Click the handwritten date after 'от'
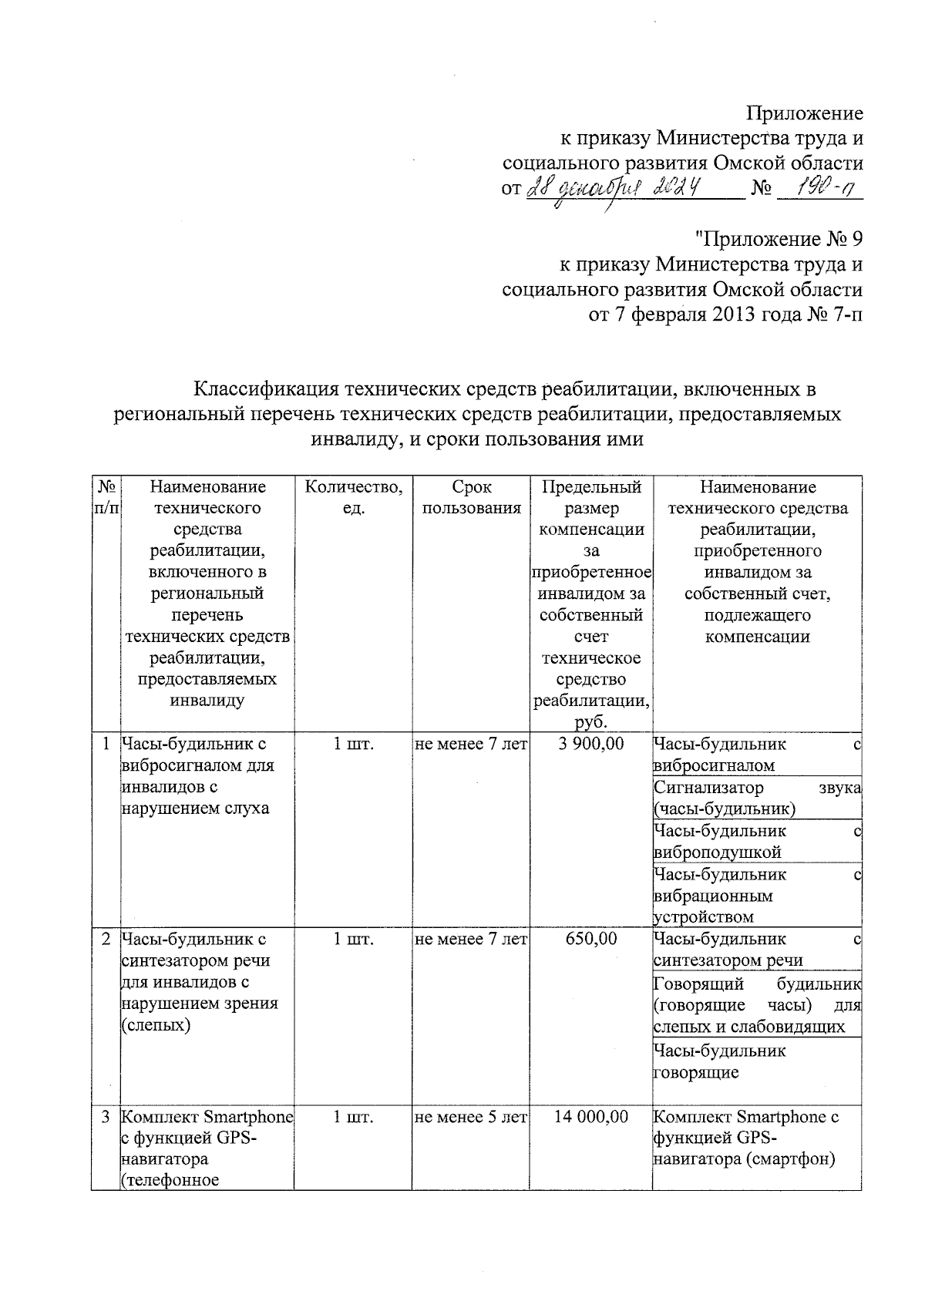click(614, 187)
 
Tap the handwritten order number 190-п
click(819, 187)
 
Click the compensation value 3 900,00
click(591, 744)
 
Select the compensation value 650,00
click(591, 939)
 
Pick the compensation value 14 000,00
click(591, 1117)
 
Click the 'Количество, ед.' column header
click(353, 498)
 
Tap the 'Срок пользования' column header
click(472, 498)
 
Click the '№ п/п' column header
click(106, 498)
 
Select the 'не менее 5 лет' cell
click(471, 1117)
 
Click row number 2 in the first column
click(106, 939)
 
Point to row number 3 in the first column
click(106, 1117)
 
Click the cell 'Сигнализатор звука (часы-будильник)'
click(756, 798)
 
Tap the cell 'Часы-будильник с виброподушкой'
click(756, 842)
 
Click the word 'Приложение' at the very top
click(804, 113)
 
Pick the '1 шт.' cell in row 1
click(353, 744)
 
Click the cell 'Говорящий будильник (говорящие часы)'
click(756, 1005)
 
